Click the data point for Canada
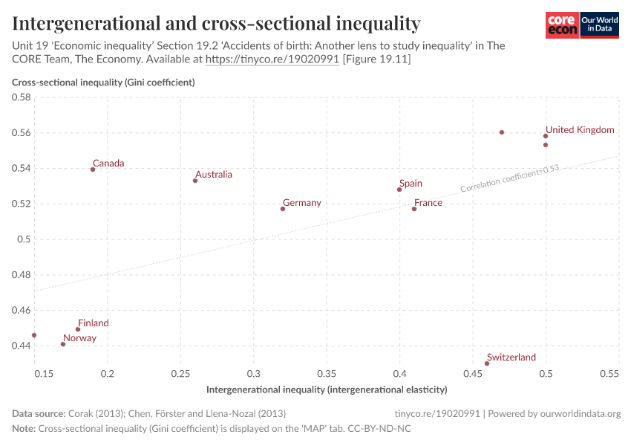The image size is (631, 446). (x=93, y=169)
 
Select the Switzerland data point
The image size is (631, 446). (x=487, y=363)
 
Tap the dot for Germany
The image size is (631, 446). (x=283, y=209)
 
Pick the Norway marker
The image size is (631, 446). (x=63, y=344)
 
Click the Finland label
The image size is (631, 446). (x=94, y=323)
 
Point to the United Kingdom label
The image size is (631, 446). (x=580, y=130)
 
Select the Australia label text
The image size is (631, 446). (x=214, y=175)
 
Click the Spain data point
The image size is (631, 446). (x=399, y=190)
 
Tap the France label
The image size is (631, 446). (x=428, y=203)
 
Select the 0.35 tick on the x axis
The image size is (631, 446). (x=327, y=373)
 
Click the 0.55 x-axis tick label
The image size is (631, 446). (x=608, y=373)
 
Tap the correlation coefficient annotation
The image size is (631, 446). (x=509, y=179)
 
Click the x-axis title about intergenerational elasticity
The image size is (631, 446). (x=327, y=390)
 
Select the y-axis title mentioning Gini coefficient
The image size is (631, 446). (x=103, y=83)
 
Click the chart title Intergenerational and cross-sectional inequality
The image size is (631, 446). (x=217, y=24)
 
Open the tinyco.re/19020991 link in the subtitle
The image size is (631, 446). (x=272, y=59)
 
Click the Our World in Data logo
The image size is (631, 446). (x=600, y=25)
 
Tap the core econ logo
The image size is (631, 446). (x=562, y=25)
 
